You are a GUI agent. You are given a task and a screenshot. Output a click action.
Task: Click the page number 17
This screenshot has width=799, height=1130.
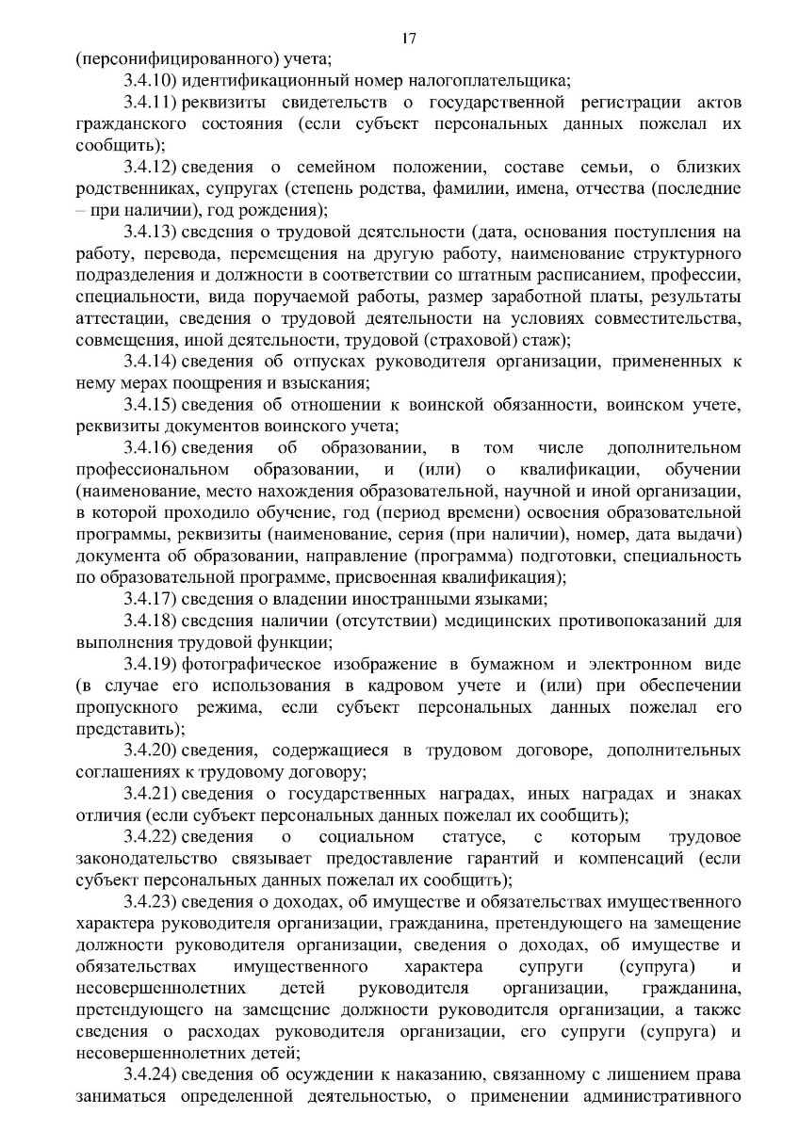pyautogui.click(x=408, y=39)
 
